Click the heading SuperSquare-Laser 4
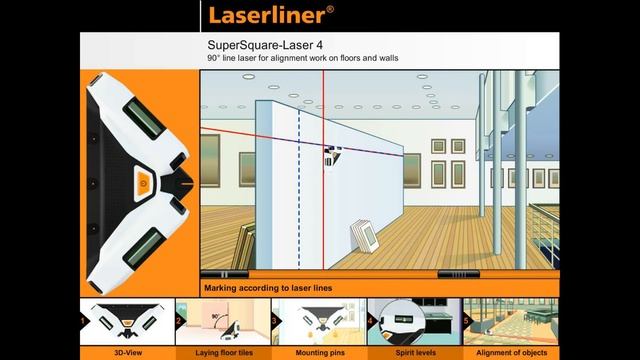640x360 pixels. pyautogui.click(x=257, y=46)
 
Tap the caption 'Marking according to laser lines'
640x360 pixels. pyautogui.click(x=267, y=288)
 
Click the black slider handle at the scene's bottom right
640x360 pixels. pyautogui.click(x=456, y=273)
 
